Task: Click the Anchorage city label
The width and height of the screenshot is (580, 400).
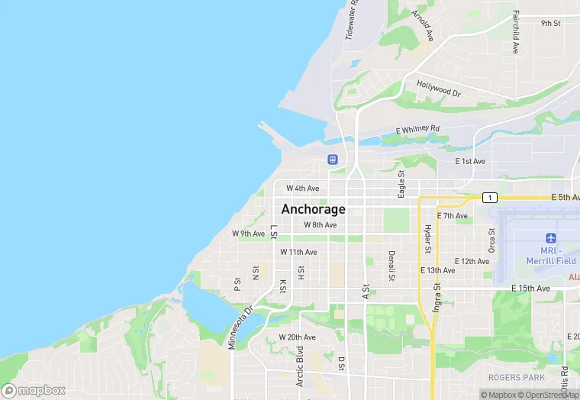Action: (313, 209)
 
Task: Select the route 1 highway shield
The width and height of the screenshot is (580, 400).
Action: (488, 198)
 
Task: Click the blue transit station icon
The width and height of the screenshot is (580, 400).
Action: (333, 160)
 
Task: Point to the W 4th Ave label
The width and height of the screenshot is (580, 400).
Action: (302, 188)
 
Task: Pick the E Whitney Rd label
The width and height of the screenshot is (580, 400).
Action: (417, 130)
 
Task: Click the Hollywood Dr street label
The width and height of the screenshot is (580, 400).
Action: (439, 89)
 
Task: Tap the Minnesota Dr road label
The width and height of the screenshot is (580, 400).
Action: (240, 327)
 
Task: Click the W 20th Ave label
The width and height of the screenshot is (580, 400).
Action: (297, 337)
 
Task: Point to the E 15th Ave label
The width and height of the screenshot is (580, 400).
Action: (530, 289)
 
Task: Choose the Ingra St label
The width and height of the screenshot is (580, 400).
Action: (437, 298)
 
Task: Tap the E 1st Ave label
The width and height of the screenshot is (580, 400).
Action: (470, 161)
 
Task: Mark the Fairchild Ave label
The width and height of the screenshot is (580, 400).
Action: (516, 31)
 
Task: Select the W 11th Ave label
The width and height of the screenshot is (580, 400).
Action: (298, 252)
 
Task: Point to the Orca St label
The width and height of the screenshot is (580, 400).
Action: (492, 240)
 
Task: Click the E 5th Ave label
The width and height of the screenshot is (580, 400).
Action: (565, 198)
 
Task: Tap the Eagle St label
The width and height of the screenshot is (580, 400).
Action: (401, 183)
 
